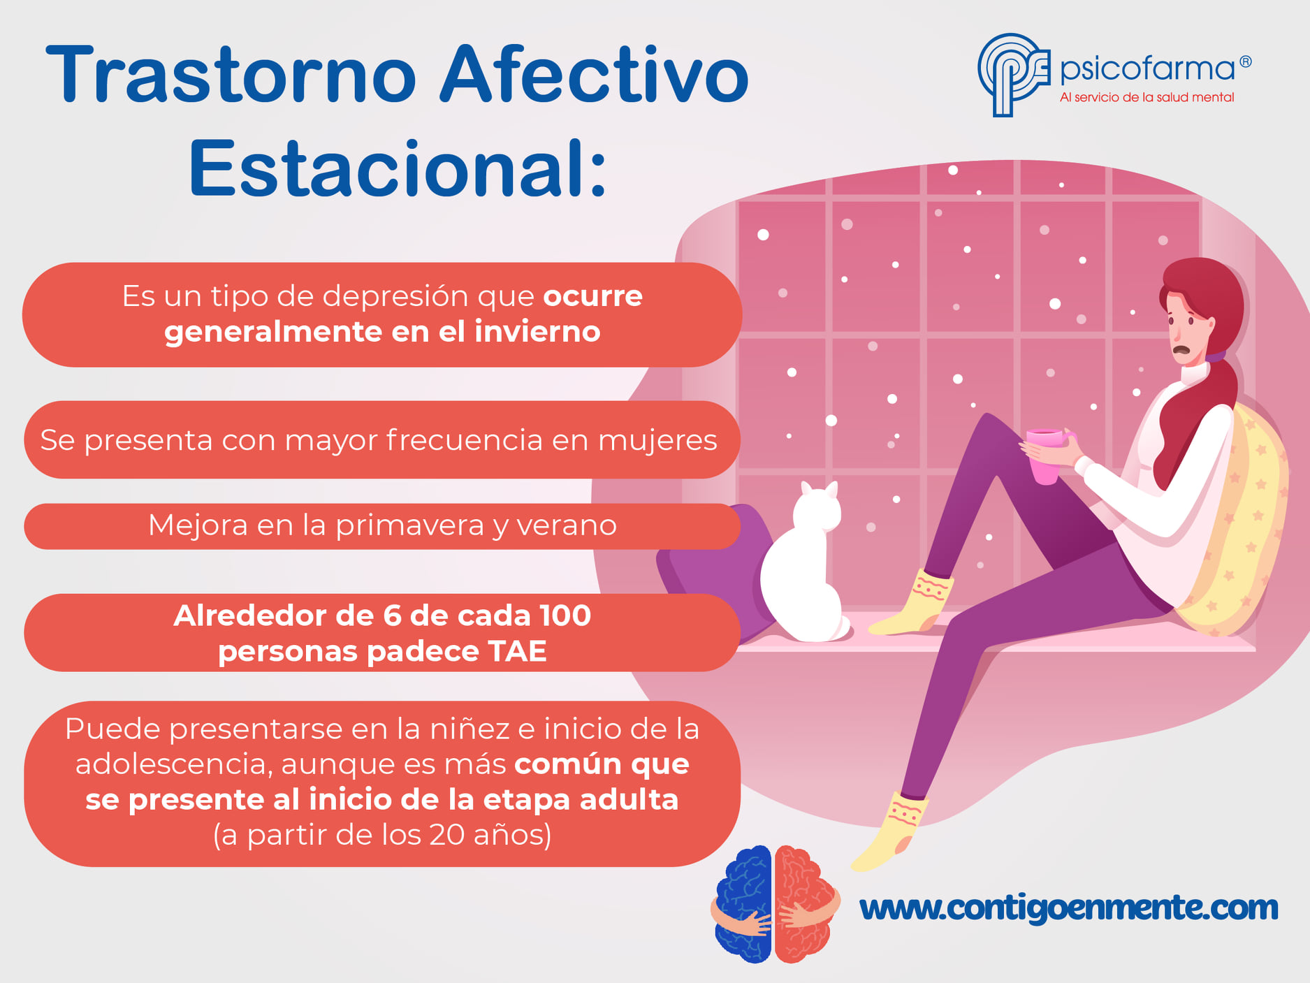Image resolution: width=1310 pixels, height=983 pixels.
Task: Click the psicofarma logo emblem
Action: pos(1013,74)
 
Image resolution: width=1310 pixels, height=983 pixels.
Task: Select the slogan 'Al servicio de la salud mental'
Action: pos(1147,97)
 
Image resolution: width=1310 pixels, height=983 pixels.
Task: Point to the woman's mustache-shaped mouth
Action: pos(1181,349)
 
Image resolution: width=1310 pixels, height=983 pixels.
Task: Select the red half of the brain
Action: pos(806,904)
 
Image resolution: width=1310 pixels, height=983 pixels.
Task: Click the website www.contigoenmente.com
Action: pos(1069,908)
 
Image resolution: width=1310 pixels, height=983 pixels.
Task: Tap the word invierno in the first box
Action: pos(537,331)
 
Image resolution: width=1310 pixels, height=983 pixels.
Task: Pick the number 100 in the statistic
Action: pos(565,616)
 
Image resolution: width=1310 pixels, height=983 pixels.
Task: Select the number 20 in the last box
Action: pos(446,835)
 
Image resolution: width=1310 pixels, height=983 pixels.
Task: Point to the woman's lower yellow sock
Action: pos(890,831)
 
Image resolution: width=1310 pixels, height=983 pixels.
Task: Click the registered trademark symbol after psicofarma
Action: pos(1245,61)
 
